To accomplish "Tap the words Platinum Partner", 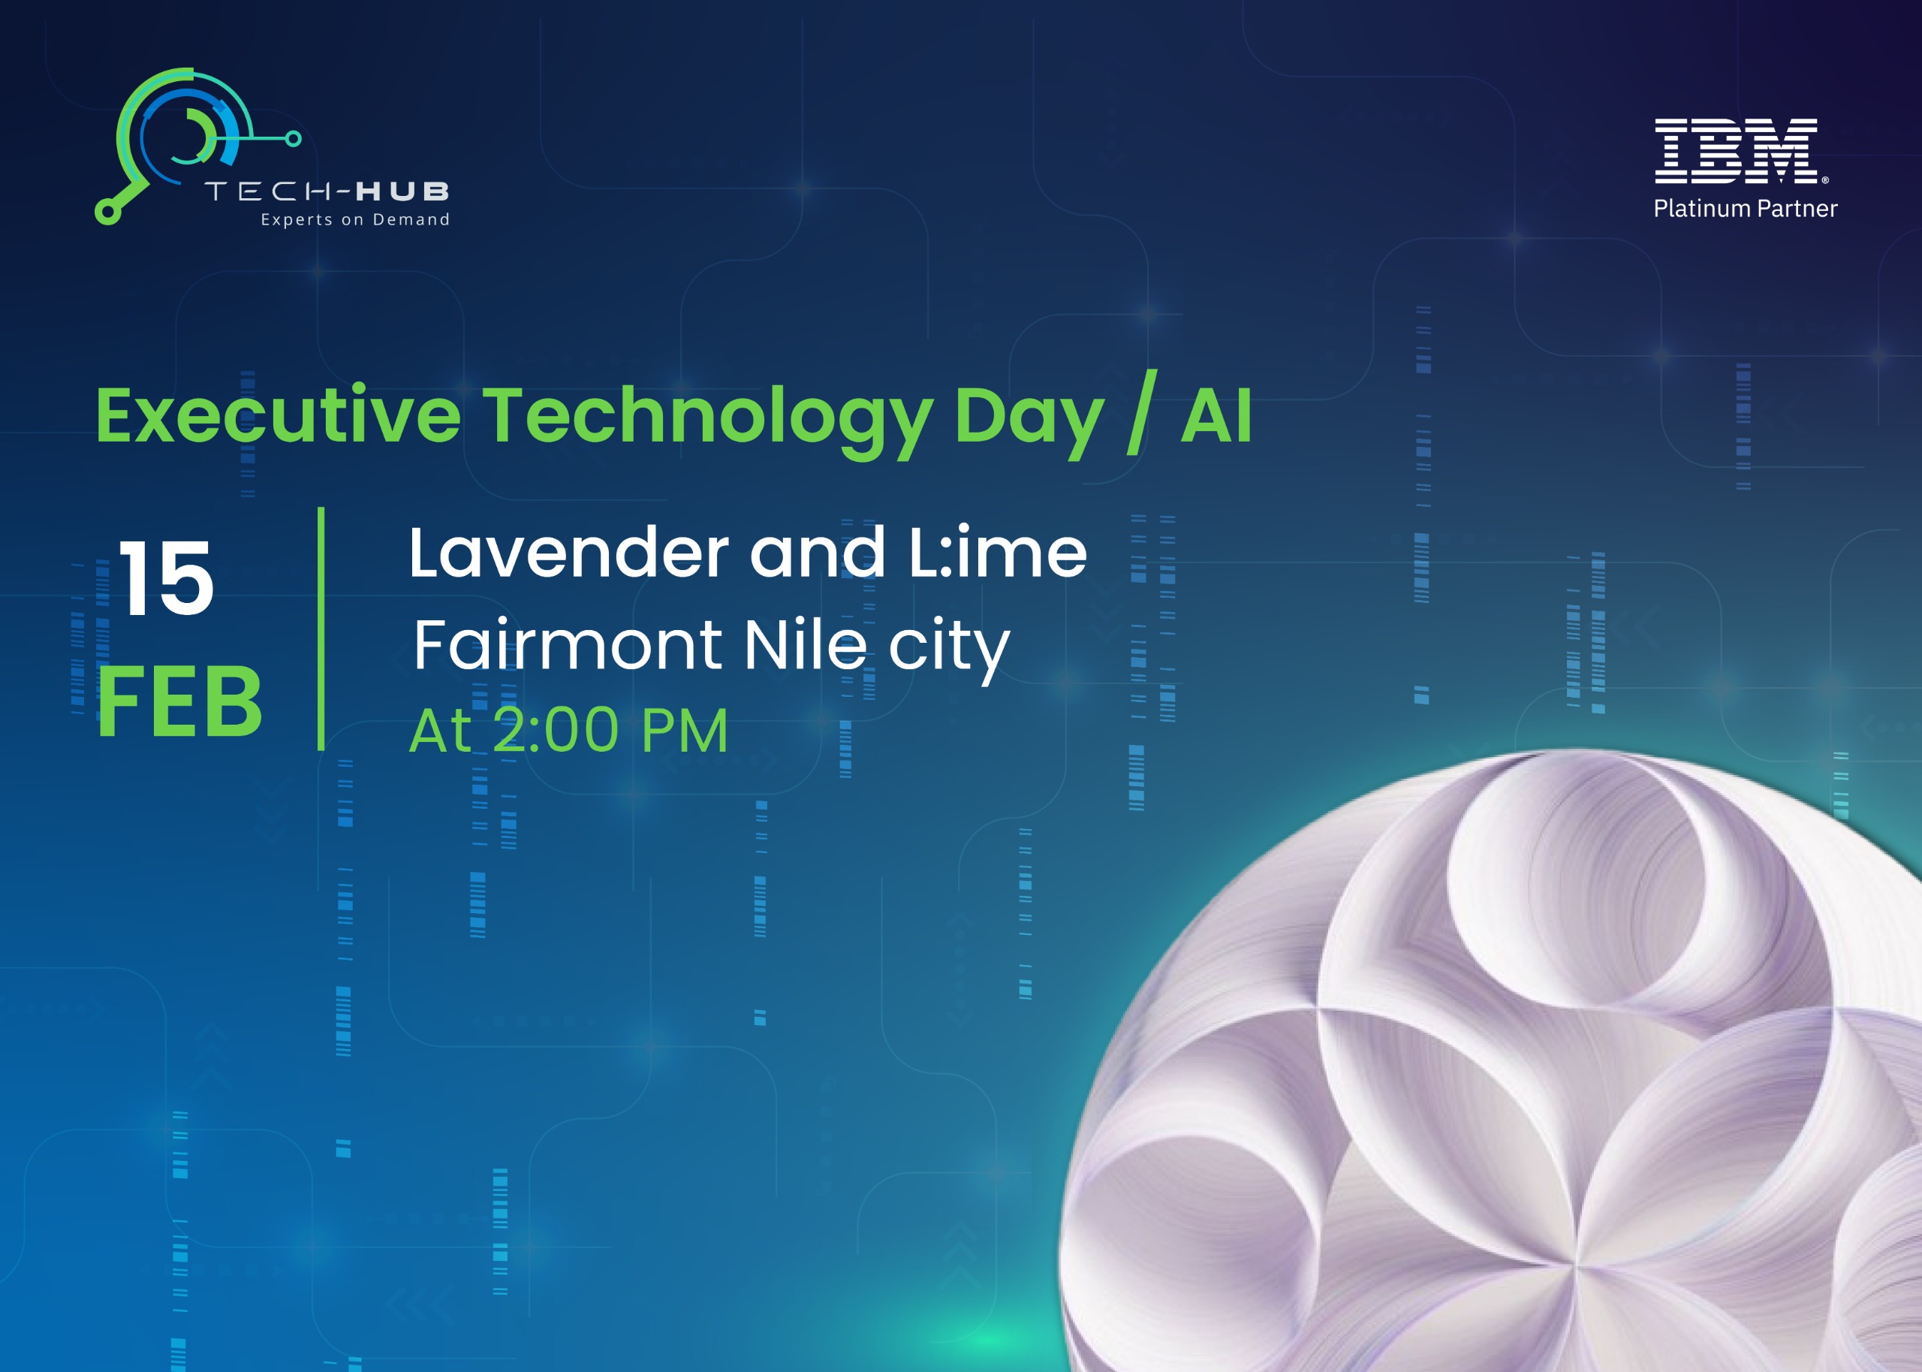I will click(1745, 209).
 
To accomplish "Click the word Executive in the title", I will click(278, 416).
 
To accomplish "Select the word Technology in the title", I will click(706, 418).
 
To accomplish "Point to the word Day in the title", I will click(1028, 418).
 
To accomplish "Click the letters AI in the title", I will click(1216, 416).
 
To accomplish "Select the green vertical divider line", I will click(321, 629).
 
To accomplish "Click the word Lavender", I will click(568, 553).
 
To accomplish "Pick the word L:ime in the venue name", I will click(997, 553).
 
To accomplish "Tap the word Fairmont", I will click(568, 644).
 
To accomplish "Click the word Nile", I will click(805, 644).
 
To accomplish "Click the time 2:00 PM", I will click(610, 730).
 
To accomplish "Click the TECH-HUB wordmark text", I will click(327, 191).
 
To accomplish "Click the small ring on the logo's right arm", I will click(293, 138).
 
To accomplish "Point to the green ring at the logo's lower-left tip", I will click(107, 211).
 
